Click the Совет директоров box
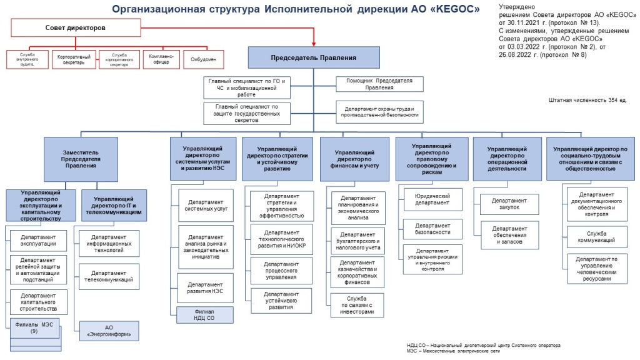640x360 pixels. coord(76,29)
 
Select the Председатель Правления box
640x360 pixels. coord(314,57)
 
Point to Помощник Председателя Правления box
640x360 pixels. coord(379,84)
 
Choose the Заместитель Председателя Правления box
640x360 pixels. coord(81,159)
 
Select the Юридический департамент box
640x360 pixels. coord(432,199)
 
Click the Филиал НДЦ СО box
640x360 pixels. coord(204,314)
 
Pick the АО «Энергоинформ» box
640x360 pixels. coord(109,330)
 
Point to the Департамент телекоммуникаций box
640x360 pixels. coord(109,276)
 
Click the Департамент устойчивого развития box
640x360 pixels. coord(281,300)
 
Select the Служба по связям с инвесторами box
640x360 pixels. coord(357,304)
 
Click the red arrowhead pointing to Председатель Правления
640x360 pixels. coord(314,44)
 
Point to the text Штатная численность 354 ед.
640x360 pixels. coord(587,100)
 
